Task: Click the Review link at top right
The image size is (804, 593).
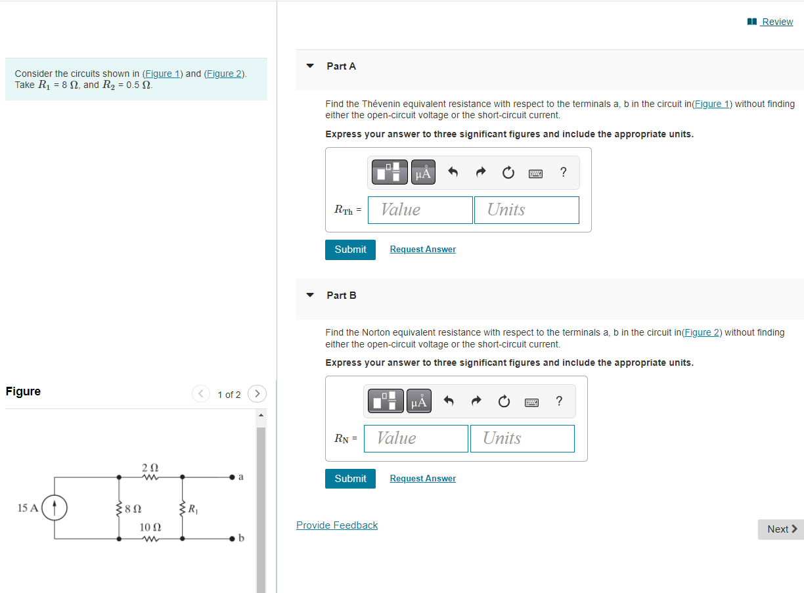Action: click(776, 22)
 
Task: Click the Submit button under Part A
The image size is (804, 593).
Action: click(350, 250)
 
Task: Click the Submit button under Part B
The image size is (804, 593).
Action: click(350, 479)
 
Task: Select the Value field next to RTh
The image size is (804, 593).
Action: click(420, 210)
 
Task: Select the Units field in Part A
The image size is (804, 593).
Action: click(527, 210)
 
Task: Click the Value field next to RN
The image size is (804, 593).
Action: click(416, 439)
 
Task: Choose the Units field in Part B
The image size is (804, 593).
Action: click(522, 439)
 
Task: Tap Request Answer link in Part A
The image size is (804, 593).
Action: click(422, 250)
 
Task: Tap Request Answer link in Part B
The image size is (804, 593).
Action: click(422, 479)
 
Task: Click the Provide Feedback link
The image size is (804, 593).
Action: click(337, 525)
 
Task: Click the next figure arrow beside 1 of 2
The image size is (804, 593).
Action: click(257, 394)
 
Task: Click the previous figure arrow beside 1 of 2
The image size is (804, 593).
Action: click(201, 394)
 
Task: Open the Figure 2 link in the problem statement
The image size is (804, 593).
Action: click(224, 74)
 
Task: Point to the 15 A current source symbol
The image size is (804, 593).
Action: click(55, 508)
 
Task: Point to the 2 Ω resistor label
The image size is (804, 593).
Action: click(150, 467)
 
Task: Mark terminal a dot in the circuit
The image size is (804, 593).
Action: click(233, 477)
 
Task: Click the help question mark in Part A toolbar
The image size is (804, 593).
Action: click(563, 173)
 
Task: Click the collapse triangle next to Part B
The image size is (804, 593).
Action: click(311, 296)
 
